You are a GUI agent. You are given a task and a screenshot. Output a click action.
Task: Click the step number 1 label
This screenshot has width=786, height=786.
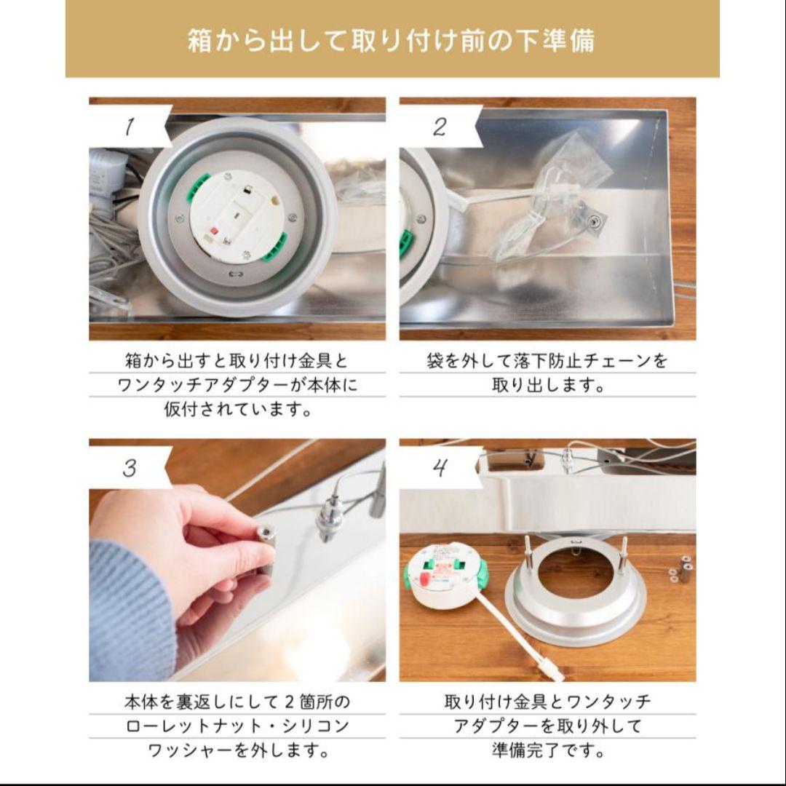pyautogui.click(x=130, y=126)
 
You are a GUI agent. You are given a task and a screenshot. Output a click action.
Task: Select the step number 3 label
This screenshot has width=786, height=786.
pyautogui.click(x=130, y=468)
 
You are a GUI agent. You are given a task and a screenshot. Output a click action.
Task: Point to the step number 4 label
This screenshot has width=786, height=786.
pyautogui.click(x=440, y=468)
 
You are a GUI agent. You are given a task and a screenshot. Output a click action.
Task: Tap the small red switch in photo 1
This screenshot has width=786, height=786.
pyautogui.click(x=215, y=232)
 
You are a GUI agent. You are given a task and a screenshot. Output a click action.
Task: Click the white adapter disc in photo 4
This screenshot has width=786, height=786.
pyautogui.click(x=445, y=576)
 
